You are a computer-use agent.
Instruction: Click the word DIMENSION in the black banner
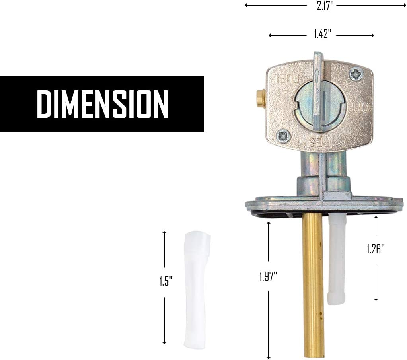click(102, 104)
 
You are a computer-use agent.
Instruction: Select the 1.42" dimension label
click(321, 35)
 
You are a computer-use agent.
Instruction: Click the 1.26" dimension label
click(376, 249)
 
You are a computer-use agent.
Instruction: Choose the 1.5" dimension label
click(164, 281)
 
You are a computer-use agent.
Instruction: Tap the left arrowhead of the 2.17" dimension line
click(247, 6)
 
